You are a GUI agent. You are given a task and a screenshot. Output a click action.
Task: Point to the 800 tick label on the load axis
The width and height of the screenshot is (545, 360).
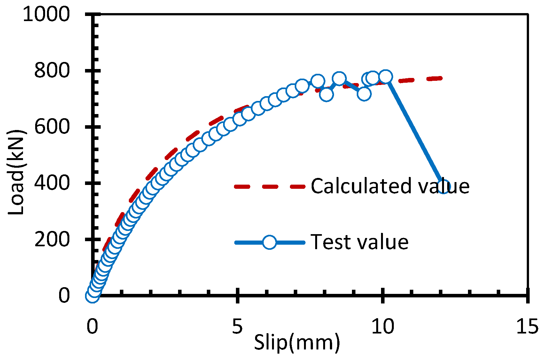click(52, 70)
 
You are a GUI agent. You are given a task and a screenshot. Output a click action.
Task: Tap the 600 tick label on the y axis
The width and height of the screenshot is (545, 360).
click(52, 126)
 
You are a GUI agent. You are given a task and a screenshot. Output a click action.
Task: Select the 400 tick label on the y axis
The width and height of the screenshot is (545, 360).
click(52, 183)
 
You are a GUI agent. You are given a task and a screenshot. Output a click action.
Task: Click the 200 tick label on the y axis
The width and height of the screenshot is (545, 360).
click(52, 239)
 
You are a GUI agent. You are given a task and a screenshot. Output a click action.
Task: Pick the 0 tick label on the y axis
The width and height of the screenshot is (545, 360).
click(64, 295)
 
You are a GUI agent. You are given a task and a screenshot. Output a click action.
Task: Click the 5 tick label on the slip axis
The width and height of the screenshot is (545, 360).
click(237, 326)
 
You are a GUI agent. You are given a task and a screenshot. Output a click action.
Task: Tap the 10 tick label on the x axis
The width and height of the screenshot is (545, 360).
click(382, 326)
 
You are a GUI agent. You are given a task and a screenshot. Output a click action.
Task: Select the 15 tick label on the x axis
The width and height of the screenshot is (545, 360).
click(527, 326)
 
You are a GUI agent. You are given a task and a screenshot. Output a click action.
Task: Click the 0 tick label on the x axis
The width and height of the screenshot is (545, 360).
click(92, 326)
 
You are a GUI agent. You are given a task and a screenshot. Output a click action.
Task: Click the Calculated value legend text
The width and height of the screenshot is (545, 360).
click(390, 186)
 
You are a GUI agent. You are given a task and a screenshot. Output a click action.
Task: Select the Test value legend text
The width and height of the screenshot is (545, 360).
click(360, 242)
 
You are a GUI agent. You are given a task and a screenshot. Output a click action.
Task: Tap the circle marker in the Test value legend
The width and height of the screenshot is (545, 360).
click(269, 242)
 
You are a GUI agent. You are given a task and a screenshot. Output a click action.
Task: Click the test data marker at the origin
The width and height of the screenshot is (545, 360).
click(92, 296)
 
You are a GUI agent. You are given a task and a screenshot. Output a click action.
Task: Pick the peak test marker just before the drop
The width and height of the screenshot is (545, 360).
click(385, 77)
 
